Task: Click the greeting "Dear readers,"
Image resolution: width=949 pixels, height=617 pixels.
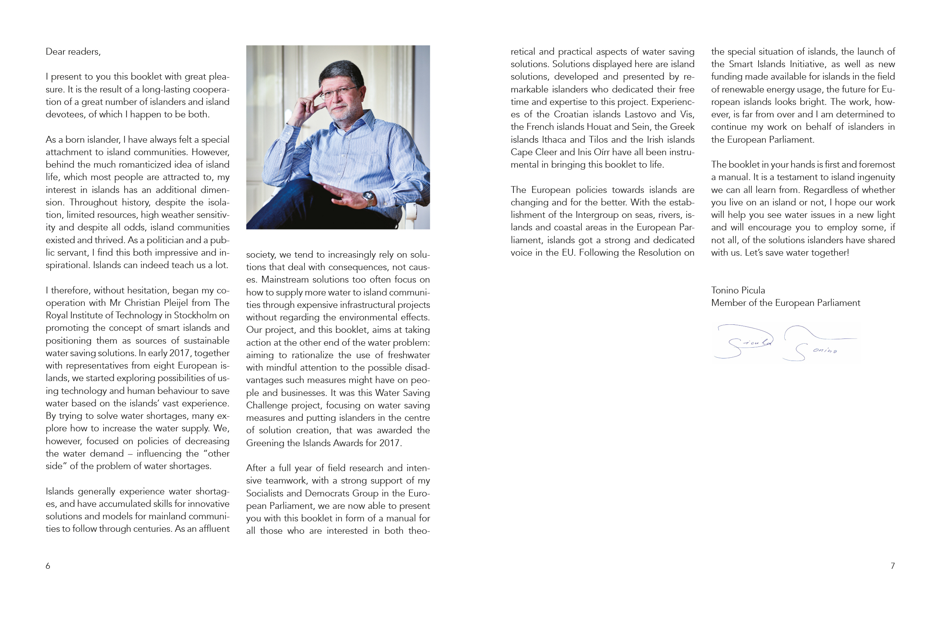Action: pos(73,52)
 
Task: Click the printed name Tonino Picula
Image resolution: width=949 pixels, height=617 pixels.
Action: pos(738,291)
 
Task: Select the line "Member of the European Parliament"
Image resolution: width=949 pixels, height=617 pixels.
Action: pos(785,303)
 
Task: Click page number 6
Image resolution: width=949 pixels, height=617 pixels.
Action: pos(48,566)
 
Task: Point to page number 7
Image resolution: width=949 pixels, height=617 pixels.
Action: pos(893,566)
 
